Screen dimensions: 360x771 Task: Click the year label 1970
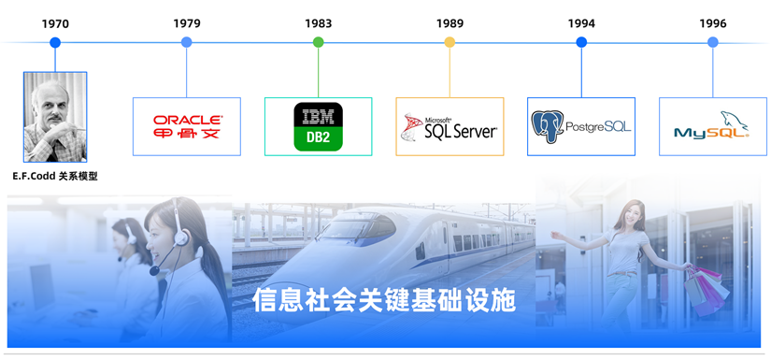[55, 23]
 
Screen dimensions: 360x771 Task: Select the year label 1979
[187, 23]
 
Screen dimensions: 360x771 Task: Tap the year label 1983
[318, 23]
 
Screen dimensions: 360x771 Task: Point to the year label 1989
[450, 23]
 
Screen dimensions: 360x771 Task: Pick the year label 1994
[581, 23]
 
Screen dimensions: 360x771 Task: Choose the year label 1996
[713, 23]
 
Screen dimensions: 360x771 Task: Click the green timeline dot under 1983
[318, 42]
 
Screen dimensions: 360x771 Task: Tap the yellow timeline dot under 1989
[450, 42]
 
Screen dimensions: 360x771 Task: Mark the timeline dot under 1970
[55, 42]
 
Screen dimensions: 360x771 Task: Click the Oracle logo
[187, 126]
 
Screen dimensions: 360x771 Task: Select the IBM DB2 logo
[318, 126]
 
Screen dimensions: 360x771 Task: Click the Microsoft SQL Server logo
[450, 127]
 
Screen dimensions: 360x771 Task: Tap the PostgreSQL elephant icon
[547, 126]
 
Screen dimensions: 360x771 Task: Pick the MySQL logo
[712, 127]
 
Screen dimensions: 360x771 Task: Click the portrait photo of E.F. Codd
[55, 117]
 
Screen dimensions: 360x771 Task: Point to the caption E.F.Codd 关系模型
[55, 176]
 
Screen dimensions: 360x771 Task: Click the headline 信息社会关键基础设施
[384, 300]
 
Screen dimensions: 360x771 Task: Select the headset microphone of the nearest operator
[155, 270]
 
